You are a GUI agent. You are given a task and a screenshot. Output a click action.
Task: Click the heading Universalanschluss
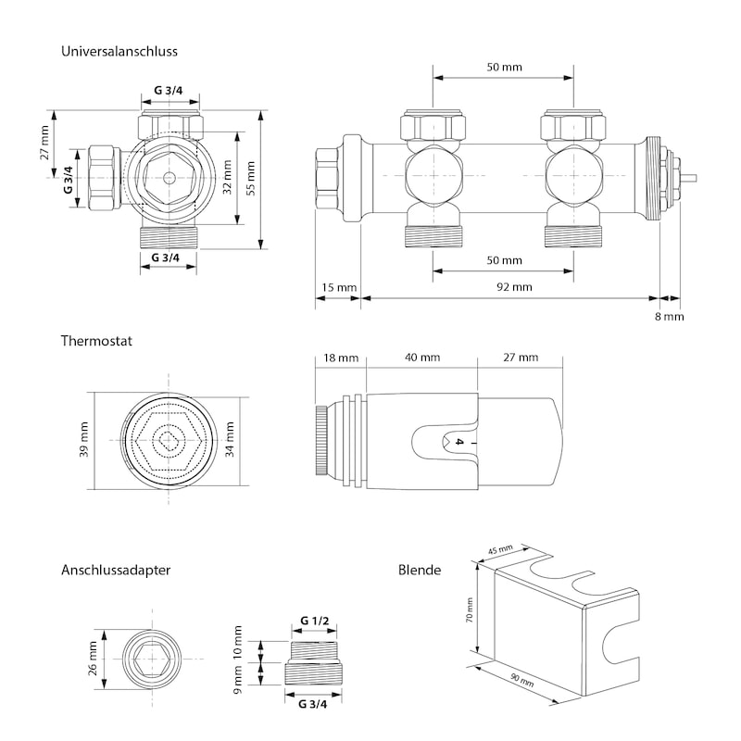tap(119, 52)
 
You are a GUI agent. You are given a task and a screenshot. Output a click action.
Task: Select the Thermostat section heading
tap(96, 341)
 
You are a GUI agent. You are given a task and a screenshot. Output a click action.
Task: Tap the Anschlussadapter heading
tap(115, 571)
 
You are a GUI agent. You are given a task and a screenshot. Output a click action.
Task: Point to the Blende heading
tap(419, 571)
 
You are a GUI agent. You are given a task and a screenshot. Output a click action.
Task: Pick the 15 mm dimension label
tap(338, 287)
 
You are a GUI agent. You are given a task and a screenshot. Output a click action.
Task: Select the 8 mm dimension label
tap(669, 316)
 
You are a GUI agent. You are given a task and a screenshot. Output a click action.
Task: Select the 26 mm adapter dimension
tap(94, 659)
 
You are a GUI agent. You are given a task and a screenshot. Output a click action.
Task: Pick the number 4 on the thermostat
tap(457, 443)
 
